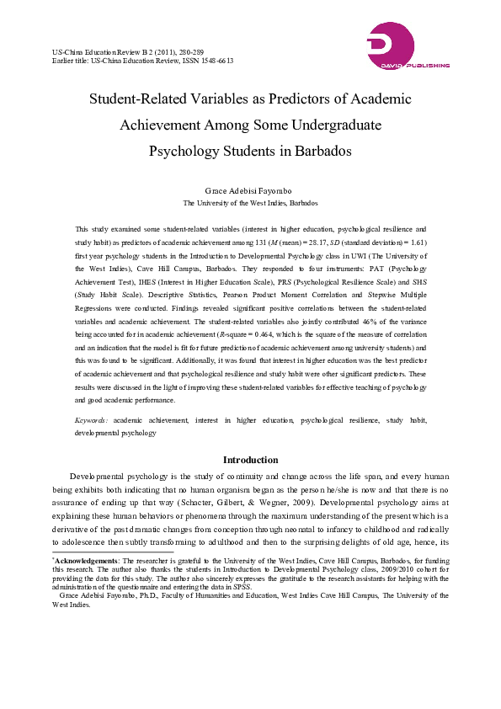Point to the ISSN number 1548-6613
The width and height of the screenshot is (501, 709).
[x=216, y=61]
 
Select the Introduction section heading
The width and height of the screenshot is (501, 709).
[x=250, y=460]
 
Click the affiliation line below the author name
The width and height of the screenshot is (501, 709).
[x=250, y=203]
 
